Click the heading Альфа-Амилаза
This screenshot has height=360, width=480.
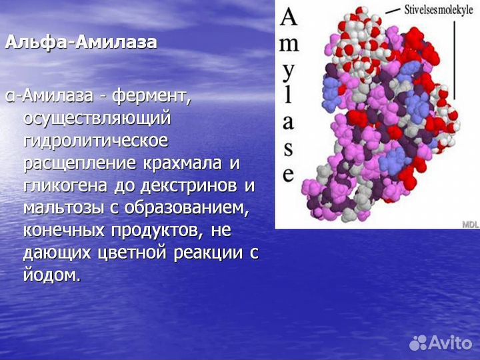[81, 43]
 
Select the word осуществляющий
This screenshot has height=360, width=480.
[97, 119]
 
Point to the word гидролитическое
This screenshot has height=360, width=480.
[96, 141]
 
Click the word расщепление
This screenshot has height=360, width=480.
[83, 163]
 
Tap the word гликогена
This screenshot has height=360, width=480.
[65, 186]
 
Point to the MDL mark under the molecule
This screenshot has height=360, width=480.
[470, 224]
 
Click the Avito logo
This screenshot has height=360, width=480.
[441, 343]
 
